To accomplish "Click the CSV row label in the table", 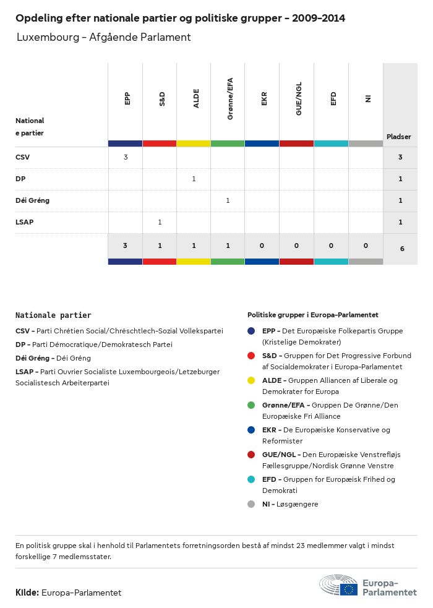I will (x=22, y=157).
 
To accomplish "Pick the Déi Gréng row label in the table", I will (x=32, y=200).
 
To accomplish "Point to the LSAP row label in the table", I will (x=25, y=222).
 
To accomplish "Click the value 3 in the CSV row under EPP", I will (x=126, y=157).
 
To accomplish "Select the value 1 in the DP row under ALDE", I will (x=194, y=179).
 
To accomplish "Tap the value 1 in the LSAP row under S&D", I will (x=160, y=222).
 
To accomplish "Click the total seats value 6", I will (x=400, y=249).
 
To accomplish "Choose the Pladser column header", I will (x=399, y=137).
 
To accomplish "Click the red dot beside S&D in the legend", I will (x=251, y=356).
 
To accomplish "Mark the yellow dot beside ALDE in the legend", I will (x=251, y=380).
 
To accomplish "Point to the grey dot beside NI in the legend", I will (x=251, y=504).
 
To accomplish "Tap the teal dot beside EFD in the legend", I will (x=251, y=479).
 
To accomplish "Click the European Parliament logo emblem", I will (x=339, y=585).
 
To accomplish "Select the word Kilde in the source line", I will (x=27, y=593).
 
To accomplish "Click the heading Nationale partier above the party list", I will (x=53, y=315).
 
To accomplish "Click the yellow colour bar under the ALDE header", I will (x=194, y=143).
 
